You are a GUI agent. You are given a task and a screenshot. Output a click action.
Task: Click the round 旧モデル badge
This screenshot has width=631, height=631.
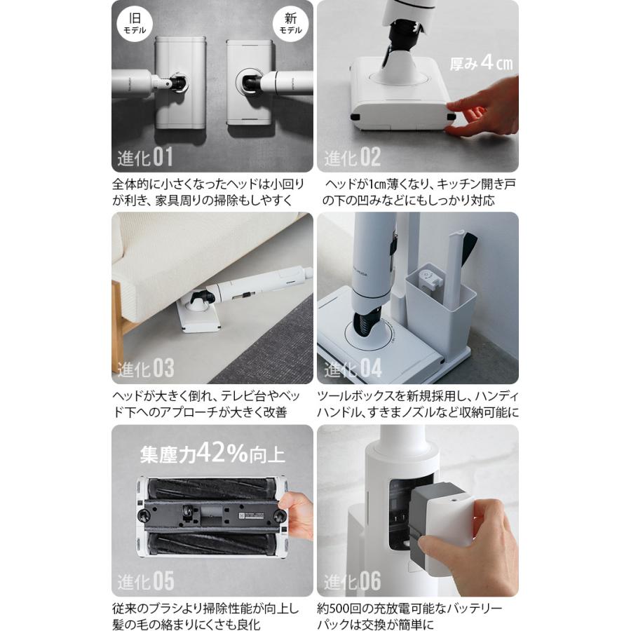point(135,23)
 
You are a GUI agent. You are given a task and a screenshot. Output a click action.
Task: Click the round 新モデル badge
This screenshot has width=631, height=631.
point(290,23)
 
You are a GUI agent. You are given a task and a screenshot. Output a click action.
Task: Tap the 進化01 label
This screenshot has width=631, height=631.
point(145,157)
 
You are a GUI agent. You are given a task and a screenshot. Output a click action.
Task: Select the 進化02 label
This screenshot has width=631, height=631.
point(352,157)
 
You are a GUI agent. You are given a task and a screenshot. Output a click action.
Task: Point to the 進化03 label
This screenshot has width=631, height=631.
point(145,368)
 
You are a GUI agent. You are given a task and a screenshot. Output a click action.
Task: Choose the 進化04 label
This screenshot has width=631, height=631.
point(353,368)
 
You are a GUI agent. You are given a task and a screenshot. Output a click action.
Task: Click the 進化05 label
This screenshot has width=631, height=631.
point(145,581)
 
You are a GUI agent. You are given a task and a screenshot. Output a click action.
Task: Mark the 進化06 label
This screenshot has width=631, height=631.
point(352,581)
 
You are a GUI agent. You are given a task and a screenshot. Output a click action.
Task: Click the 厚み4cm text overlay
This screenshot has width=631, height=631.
point(481,63)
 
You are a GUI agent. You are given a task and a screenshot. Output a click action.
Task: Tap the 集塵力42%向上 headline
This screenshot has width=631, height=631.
point(212,454)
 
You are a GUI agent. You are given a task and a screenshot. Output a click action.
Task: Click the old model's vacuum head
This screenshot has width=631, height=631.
point(181,83)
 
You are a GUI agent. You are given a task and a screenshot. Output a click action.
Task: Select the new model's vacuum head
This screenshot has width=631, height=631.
point(249,82)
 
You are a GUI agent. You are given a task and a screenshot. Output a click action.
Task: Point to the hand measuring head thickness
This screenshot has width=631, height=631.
point(483,107)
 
